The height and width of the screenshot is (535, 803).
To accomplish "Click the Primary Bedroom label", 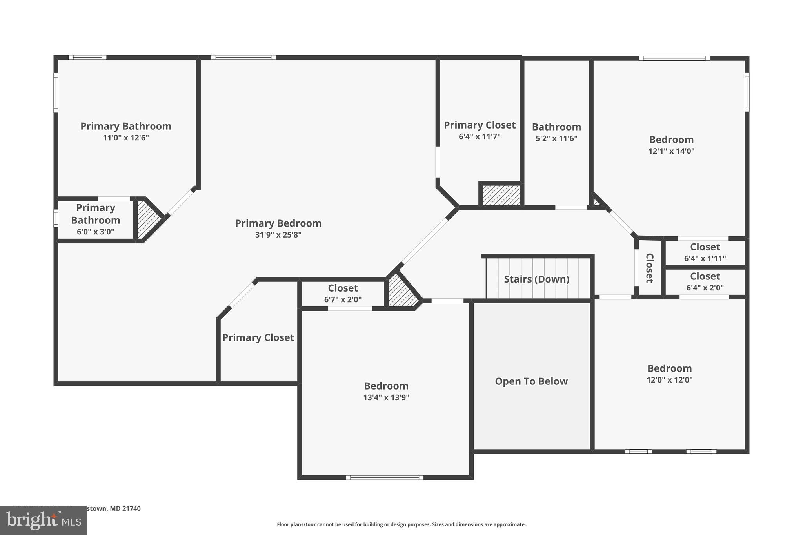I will click(x=278, y=223).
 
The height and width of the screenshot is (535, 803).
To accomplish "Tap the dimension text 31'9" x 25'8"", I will click(x=278, y=235).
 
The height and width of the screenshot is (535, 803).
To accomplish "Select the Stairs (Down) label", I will click(x=536, y=279).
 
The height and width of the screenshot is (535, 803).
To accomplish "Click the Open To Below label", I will click(x=531, y=381).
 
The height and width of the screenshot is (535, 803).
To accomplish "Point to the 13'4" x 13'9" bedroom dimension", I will click(x=386, y=397).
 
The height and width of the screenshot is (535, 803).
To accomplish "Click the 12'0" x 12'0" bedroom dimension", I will click(x=669, y=380).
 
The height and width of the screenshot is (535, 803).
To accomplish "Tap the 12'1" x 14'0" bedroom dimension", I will click(x=671, y=151).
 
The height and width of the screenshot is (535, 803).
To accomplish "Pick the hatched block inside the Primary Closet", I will click(x=501, y=195).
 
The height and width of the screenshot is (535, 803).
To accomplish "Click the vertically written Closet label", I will click(x=649, y=268).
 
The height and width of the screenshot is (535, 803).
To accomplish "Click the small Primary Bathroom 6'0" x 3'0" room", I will click(x=95, y=219).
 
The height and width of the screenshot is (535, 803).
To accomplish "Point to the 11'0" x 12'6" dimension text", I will click(x=126, y=138).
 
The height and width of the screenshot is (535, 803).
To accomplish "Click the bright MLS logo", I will click(x=43, y=520).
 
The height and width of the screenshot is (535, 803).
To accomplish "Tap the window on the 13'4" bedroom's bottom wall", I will click(x=385, y=477).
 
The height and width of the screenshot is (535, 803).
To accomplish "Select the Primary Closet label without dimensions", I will click(x=258, y=337).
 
